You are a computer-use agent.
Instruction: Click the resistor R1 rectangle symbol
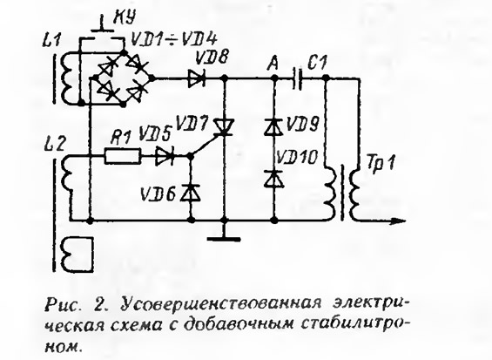pyautogui.click(x=122, y=156)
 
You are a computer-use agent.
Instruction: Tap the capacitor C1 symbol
pyautogui.click(x=297, y=78)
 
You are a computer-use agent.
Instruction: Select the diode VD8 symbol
pyautogui.click(x=197, y=78)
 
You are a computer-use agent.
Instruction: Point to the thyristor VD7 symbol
pyautogui.click(x=224, y=127)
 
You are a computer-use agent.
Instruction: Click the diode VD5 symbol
pyautogui.click(x=165, y=156)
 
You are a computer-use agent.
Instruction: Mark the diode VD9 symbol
pyautogui.click(x=274, y=127)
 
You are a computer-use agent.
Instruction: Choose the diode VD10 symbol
pyautogui.click(x=274, y=179)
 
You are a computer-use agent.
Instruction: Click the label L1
pyautogui.click(x=51, y=41)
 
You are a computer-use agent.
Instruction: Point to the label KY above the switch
pyautogui.click(x=124, y=18)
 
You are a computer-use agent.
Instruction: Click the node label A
pyautogui.click(x=273, y=64)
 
